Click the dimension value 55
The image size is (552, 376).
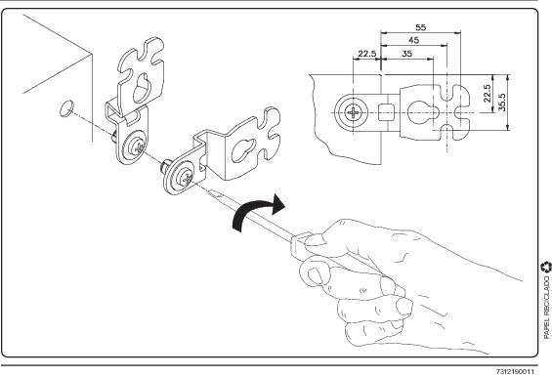pos(421,27)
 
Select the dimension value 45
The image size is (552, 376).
pos(413,40)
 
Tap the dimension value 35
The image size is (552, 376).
pos(407,54)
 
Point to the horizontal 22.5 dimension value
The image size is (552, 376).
pos(367,54)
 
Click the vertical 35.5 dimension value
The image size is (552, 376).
pos(502,103)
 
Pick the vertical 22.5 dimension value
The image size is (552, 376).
pos(488,94)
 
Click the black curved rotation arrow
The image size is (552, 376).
pos(258,212)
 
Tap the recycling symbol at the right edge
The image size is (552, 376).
pos(546,267)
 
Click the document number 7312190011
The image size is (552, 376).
pos(515,371)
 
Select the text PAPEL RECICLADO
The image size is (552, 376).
pos(547,308)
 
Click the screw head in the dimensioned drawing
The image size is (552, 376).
pos(353,113)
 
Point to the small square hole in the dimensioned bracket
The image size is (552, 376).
pos(385,112)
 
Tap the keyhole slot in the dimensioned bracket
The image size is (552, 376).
pos(422,112)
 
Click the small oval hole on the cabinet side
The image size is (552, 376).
pos(66,108)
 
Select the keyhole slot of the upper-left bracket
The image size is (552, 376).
pos(142,88)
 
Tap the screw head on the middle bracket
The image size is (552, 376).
pos(185,178)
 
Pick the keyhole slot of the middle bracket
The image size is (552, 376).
pos(243,150)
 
